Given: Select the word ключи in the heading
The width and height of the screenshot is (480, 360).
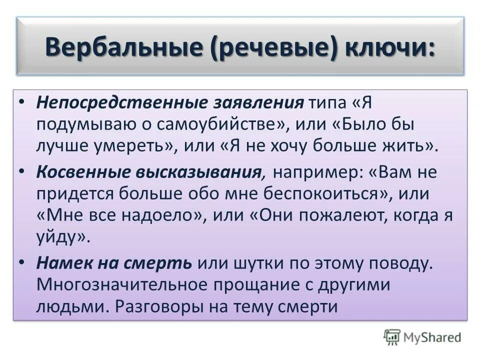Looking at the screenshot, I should [x=386, y=49].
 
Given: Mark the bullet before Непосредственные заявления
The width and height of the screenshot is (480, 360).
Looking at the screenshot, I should [x=20, y=102].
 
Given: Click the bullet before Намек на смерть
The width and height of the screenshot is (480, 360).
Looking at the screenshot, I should [x=20, y=262].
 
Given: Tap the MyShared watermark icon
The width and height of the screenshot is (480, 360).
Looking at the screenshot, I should [x=392, y=337].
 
